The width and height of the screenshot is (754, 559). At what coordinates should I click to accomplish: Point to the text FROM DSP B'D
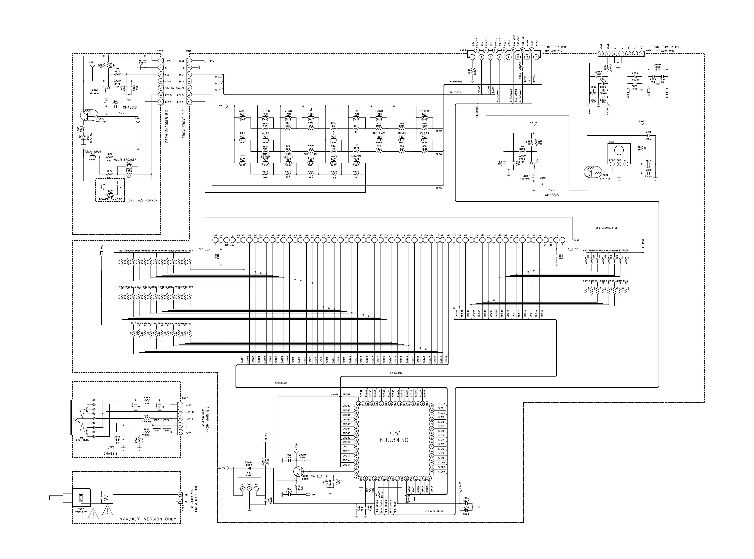pyautogui.click(x=554, y=47)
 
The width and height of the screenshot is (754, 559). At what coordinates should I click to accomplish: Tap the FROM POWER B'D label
pyautogui.click(x=665, y=47)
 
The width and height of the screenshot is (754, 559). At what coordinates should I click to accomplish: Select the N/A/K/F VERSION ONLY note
pyautogui.click(x=148, y=519)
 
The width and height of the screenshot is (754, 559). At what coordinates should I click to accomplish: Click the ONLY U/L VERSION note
pyautogui.click(x=143, y=200)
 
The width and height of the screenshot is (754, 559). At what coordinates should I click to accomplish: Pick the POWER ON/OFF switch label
pyautogui.click(x=110, y=199)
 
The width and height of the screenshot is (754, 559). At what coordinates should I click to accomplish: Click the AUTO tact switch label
pyautogui.click(x=243, y=111)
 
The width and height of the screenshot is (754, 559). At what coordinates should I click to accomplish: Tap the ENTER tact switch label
pyautogui.click(x=424, y=111)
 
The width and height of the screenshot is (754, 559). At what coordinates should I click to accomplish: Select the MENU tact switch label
pyautogui.click(x=288, y=111)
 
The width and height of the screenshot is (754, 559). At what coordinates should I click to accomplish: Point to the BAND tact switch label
pyautogui.click(x=379, y=111)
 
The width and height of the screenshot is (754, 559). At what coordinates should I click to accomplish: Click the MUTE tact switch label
pyautogui.click(x=265, y=134)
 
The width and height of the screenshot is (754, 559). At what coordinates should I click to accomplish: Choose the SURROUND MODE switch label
pyautogui.click(x=311, y=156)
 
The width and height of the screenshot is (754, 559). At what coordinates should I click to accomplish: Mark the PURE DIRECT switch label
pyautogui.click(x=288, y=156)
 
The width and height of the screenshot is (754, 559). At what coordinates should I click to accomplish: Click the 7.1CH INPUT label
pyautogui.click(x=93, y=152)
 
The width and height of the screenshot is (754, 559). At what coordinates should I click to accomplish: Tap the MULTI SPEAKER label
pyautogui.click(x=125, y=160)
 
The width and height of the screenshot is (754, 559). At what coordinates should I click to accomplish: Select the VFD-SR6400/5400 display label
pyautogui.click(x=606, y=228)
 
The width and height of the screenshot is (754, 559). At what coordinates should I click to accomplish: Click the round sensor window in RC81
pyautogui.click(x=619, y=150)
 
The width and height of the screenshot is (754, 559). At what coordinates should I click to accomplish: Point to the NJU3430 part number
pyautogui.click(x=394, y=440)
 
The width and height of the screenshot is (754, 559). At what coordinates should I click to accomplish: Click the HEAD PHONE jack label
pyautogui.click(x=82, y=440)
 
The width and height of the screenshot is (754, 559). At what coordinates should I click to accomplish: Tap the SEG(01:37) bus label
pyautogui.click(x=281, y=383)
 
